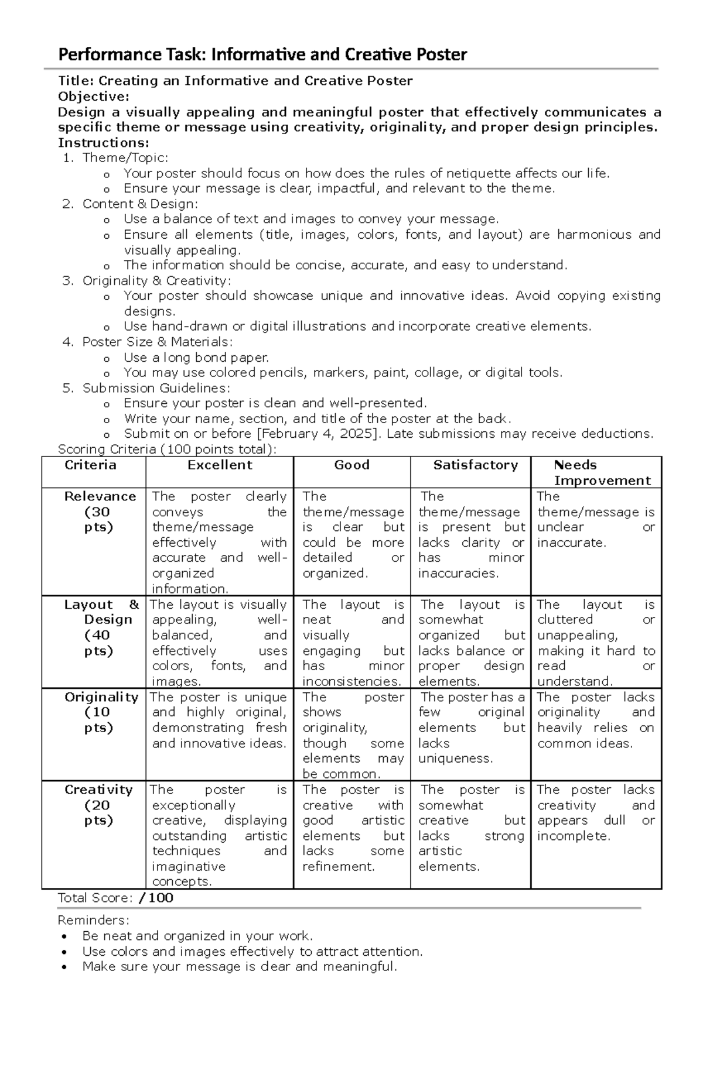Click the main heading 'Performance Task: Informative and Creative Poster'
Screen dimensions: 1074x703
(262, 55)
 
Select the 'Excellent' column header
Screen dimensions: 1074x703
(220, 465)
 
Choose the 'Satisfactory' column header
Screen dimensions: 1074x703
(475, 465)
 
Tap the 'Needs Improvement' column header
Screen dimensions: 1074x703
(602, 473)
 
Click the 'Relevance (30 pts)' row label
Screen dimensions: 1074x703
(100, 512)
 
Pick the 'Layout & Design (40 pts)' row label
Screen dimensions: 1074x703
(101, 627)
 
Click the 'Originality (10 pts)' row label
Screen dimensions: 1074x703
(101, 712)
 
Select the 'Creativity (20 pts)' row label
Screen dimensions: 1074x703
(98, 805)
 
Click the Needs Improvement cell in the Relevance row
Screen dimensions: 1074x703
(595, 520)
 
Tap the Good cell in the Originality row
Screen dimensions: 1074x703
(353, 735)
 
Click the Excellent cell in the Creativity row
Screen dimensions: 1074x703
(219, 835)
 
